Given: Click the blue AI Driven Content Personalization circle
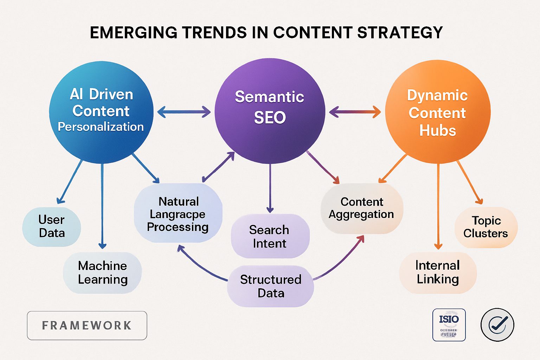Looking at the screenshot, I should pos(101,112).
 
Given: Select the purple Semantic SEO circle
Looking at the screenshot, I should pos(270,111).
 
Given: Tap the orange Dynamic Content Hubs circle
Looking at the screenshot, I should pos(438,112).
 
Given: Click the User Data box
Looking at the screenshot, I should pos(52,226).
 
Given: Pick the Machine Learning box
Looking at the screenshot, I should pos(102,272).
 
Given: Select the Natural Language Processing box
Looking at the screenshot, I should pos(178,214).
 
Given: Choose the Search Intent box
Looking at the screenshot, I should pos(270,236).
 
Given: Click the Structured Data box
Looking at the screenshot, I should pos(270,286).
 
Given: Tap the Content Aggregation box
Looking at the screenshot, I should pos(362,208).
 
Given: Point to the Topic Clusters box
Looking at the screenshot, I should pos(486,227).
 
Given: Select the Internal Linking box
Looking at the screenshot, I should pos(438,272).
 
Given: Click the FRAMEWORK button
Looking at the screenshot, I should pos(87,326).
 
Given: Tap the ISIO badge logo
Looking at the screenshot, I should pos(449,325).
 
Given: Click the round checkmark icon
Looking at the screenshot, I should pos(497,325).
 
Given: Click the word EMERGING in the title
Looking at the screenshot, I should pos(134,33).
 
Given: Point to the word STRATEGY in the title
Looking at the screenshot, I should pos(400,33).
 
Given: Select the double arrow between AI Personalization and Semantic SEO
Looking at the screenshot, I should pos(184,112).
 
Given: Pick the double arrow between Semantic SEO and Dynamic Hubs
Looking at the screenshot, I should pos(355,112).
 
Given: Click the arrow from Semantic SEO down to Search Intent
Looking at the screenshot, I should pos(270,188).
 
